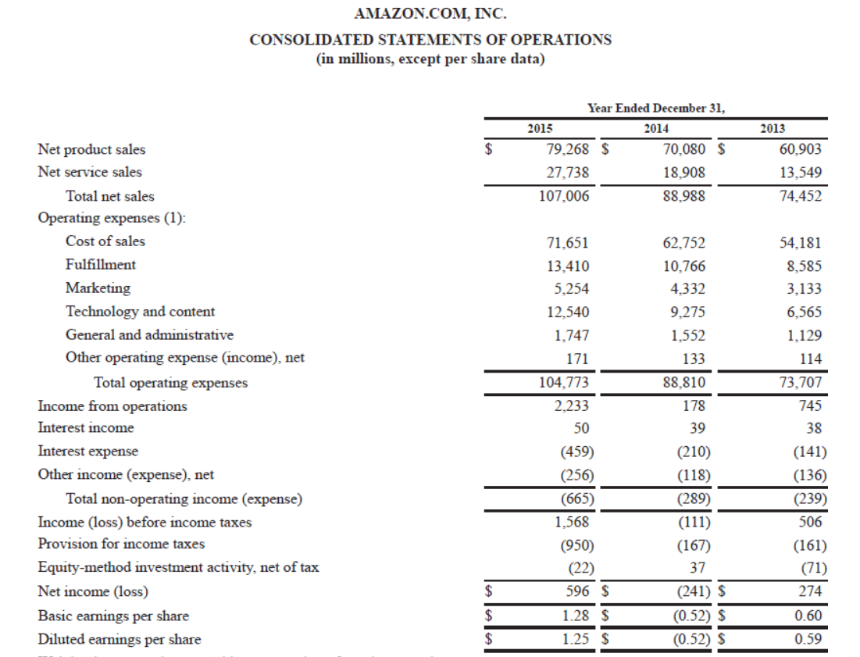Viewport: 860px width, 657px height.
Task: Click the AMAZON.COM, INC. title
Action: coord(430,13)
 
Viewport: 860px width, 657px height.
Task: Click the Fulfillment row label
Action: coord(100,265)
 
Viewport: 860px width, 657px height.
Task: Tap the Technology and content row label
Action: coord(140,312)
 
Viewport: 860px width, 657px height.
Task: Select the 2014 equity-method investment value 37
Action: coord(698,568)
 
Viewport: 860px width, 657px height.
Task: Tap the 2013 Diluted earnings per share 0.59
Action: coord(808,639)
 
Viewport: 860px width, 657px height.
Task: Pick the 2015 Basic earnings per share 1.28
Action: coord(575,616)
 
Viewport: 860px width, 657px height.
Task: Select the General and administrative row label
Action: coord(149,335)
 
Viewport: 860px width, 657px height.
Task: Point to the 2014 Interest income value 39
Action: coord(698,428)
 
